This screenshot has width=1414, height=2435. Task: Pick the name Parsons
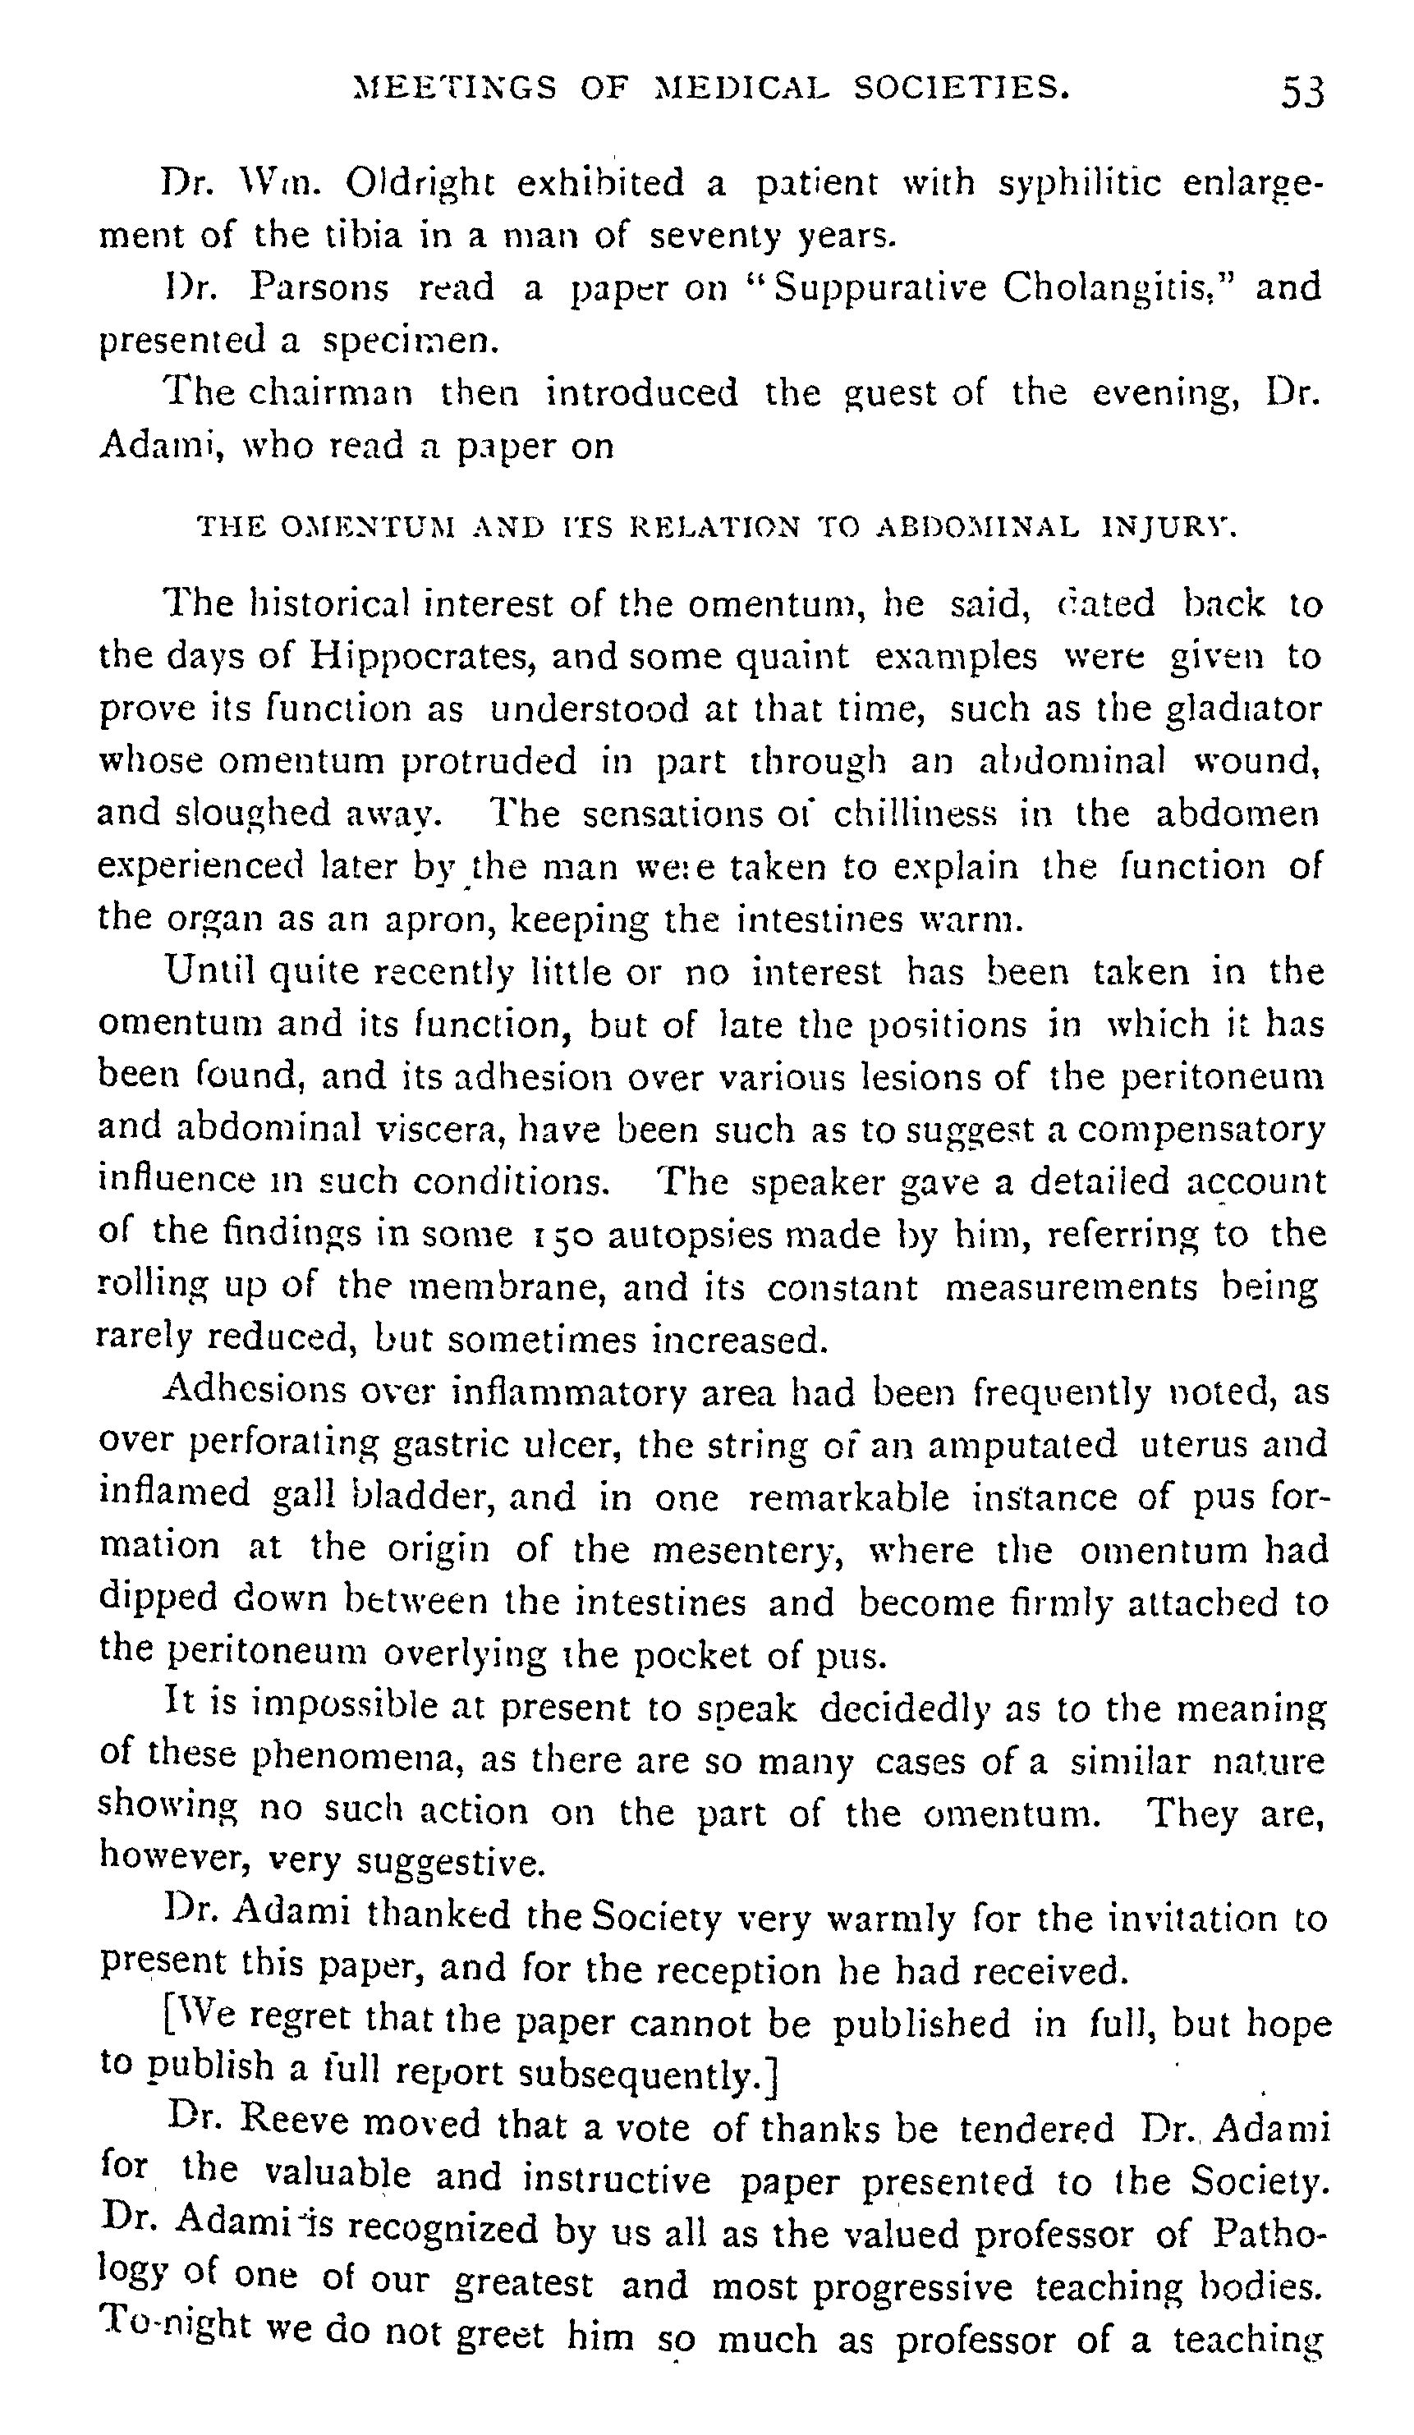[x=319, y=287]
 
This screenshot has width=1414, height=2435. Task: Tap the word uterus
[x=1201, y=1446]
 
